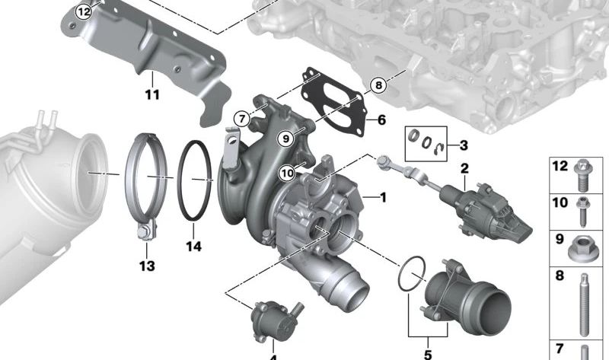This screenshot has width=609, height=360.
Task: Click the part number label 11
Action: [151, 95]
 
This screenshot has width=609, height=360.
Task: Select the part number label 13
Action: [146, 266]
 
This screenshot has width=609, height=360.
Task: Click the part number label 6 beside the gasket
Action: [381, 120]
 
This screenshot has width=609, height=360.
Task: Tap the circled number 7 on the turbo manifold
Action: [241, 119]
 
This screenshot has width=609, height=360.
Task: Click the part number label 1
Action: [382, 197]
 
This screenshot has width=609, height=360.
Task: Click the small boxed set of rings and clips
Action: [423, 141]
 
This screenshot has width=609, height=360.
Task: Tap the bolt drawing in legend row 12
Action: [583, 171]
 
